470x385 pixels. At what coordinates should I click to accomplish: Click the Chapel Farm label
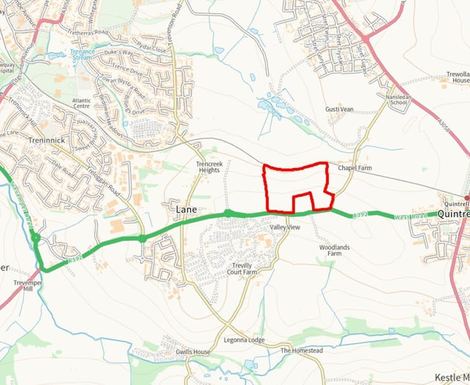pos(355,168)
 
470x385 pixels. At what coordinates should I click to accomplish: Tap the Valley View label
pos(285,228)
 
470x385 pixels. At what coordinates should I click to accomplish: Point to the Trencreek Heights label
pos(209,166)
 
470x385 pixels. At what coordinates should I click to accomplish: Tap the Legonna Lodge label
pos(245,340)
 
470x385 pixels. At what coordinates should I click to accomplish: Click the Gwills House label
pos(192,352)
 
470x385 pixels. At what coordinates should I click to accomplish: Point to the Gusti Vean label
pos(339,109)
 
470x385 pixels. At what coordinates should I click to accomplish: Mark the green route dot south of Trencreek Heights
pos(228,213)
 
